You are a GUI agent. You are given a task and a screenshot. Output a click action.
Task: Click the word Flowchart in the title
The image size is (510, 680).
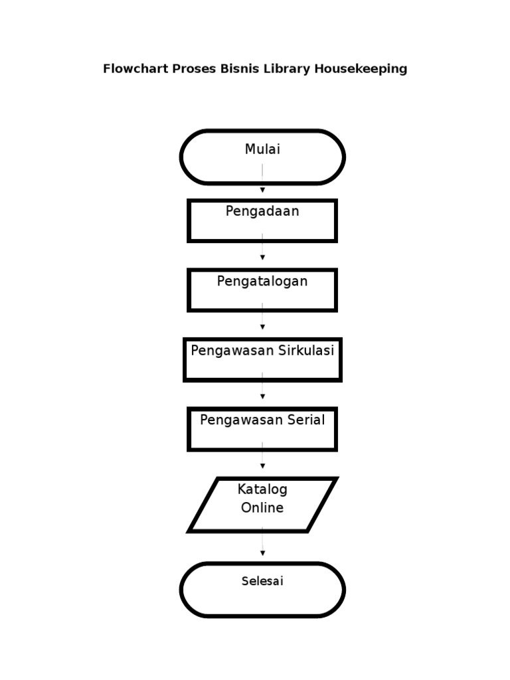coord(135,69)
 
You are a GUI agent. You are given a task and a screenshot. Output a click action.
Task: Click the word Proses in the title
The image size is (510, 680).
coord(195,69)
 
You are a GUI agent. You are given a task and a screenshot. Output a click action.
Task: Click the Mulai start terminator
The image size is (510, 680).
coord(262,157)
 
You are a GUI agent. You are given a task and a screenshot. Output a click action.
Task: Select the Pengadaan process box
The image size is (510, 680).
coord(262,220)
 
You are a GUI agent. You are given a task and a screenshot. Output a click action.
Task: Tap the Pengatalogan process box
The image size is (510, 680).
coord(262,290)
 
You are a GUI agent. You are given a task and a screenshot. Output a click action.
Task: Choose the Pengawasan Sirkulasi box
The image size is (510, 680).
coord(262,359)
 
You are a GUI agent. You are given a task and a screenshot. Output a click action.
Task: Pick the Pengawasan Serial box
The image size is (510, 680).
coord(262,429)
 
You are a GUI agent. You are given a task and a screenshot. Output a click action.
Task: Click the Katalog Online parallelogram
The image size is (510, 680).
coord(262,505)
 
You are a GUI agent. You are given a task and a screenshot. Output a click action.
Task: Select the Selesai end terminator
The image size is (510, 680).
coord(262,590)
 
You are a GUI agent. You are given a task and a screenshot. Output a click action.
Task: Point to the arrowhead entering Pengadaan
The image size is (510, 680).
coord(262,191)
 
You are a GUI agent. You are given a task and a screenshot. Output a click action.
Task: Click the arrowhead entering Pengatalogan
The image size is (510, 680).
coord(262,257)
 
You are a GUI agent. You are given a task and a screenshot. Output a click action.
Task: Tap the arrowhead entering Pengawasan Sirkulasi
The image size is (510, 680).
coord(262,327)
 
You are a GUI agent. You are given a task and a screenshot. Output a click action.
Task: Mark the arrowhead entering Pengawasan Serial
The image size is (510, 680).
coord(262,396)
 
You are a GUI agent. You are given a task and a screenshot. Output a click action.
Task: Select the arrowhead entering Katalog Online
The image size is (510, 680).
coord(262,466)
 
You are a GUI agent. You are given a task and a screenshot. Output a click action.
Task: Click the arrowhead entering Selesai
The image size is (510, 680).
coord(262,552)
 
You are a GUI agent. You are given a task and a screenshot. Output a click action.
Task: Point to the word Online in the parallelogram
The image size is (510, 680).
coord(262,508)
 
